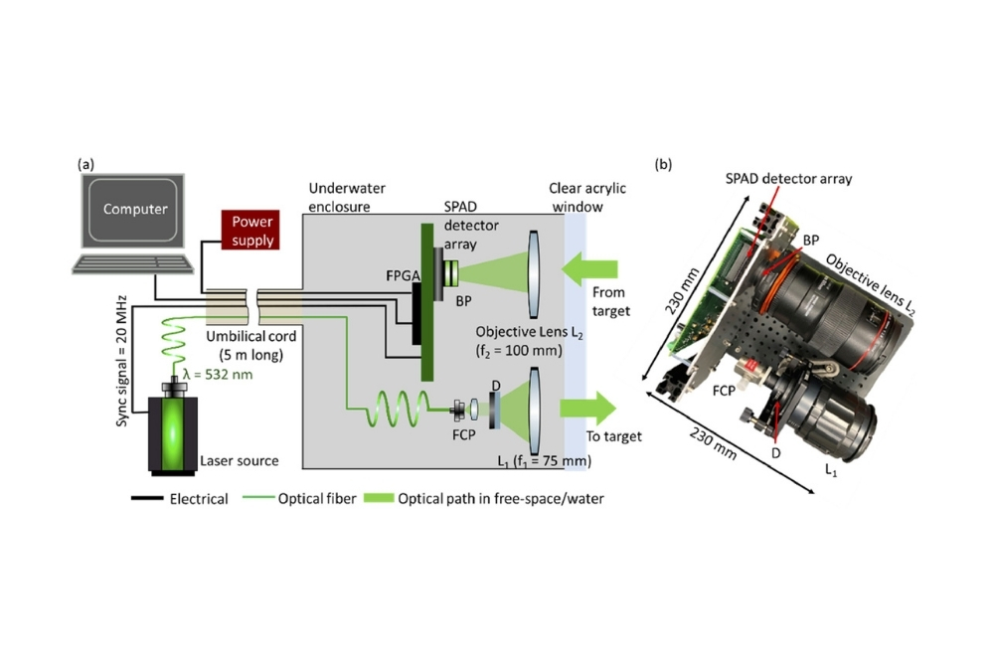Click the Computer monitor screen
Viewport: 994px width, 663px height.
pos(136,211)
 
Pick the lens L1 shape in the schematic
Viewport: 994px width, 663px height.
pos(537,410)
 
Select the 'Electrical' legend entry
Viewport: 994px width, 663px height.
pos(199,500)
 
